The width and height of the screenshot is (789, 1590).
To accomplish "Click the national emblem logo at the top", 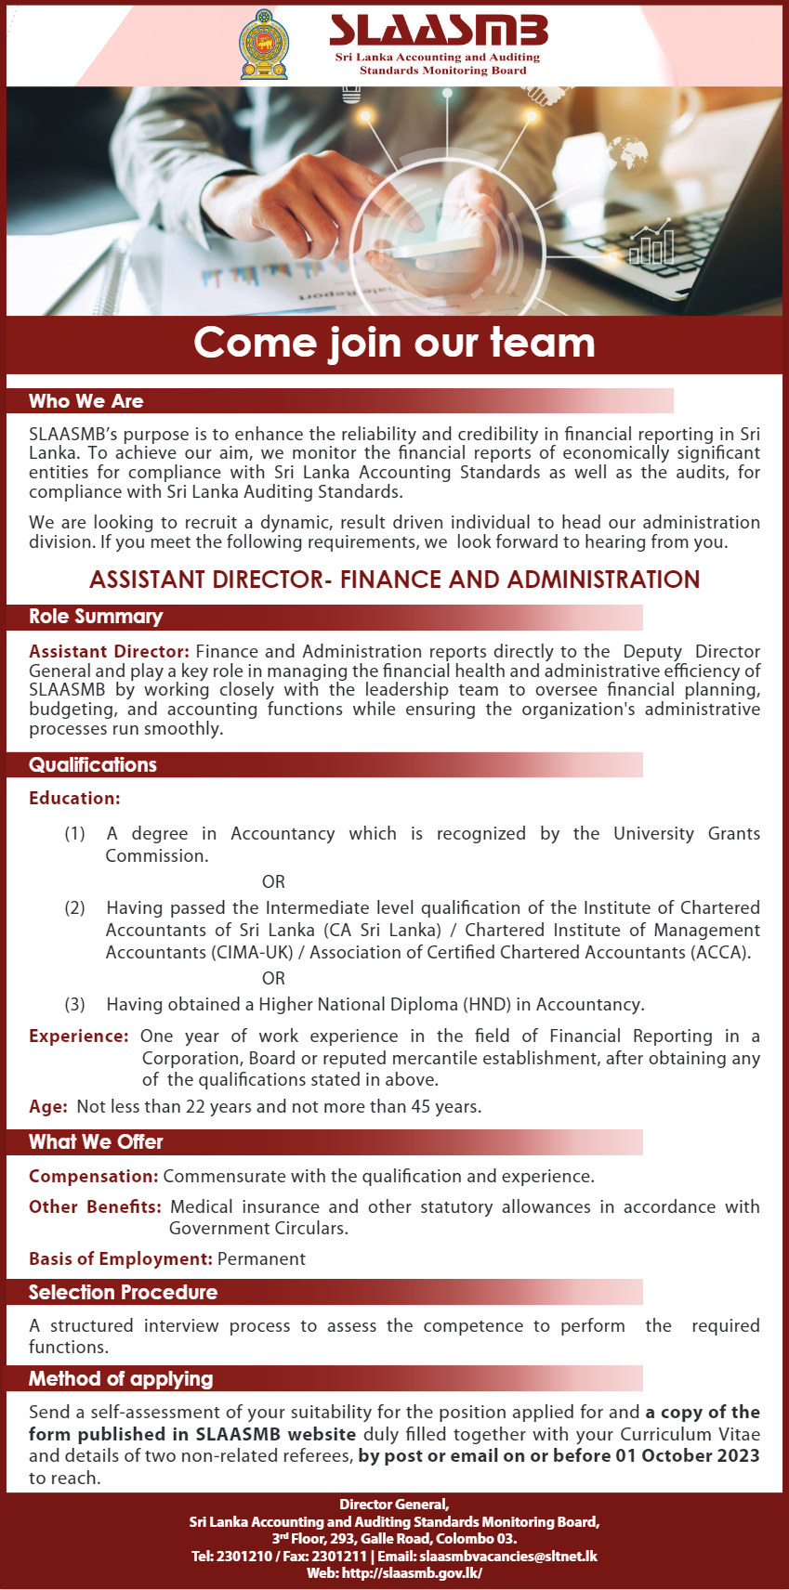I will [x=264, y=45].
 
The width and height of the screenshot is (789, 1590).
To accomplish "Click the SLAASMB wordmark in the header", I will [x=439, y=31].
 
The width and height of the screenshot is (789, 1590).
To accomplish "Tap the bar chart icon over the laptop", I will [x=651, y=244].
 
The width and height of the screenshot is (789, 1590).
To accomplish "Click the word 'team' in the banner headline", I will [x=543, y=343].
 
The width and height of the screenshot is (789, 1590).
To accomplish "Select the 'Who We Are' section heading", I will [x=86, y=401].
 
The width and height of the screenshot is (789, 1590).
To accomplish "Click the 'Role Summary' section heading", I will [x=96, y=617].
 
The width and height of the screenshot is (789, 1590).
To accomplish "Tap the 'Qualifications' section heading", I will [x=93, y=765].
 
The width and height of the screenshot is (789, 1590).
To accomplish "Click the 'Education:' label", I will [x=74, y=798].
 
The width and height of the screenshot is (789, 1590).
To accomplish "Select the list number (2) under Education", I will [x=74, y=907].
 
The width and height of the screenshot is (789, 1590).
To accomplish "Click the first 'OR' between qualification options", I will [x=273, y=881].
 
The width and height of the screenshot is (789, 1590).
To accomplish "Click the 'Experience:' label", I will [x=78, y=1036].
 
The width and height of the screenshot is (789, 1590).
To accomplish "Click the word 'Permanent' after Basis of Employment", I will [x=261, y=1258].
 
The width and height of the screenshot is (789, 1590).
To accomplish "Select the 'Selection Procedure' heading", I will [x=123, y=1293].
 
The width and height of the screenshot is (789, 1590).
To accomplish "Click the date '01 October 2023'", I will [x=688, y=1455].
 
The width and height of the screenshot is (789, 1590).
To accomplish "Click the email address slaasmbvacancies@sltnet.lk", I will [x=508, y=1556].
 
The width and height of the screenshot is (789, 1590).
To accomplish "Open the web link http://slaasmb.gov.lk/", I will [x=412, y=1572].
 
